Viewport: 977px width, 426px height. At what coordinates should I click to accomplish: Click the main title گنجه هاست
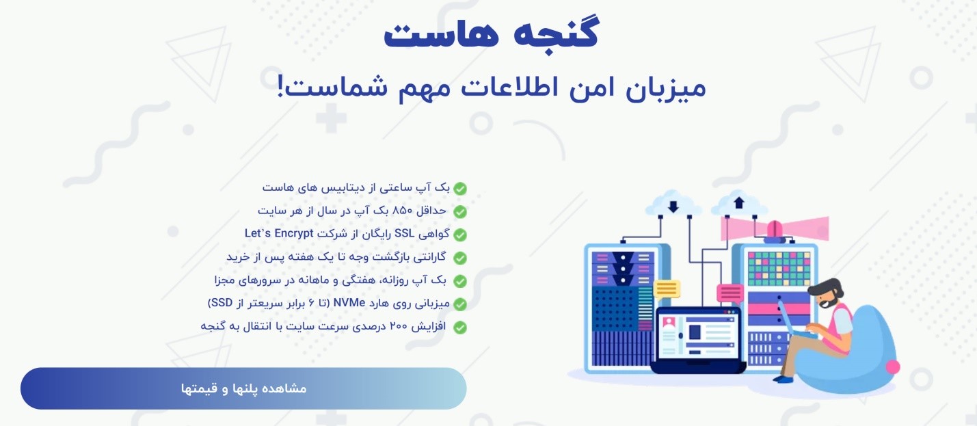click(491, 32)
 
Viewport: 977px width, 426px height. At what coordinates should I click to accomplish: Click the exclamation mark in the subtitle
click(281, 86)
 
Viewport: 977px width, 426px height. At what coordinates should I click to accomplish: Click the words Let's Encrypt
click(279, 233)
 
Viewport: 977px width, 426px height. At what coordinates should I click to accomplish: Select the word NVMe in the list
click(349, 303)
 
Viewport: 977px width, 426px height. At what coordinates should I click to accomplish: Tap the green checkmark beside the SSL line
click(459, 235)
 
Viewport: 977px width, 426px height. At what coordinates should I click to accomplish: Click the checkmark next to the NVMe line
click(459, 304)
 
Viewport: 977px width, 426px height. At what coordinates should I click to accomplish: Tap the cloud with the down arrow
click(673, 204)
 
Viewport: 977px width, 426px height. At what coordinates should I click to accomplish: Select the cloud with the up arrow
click(739, 204)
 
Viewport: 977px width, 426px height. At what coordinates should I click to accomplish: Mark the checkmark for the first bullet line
click(459, 188)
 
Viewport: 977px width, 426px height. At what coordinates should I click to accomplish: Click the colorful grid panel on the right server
click(779, 269)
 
